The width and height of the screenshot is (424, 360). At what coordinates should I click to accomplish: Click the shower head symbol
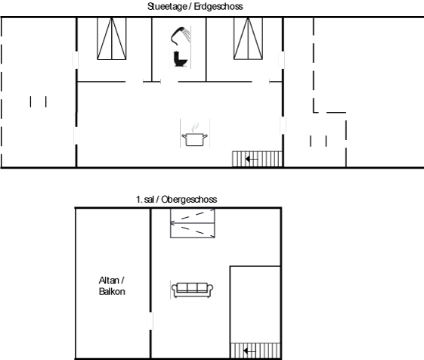point(180,36)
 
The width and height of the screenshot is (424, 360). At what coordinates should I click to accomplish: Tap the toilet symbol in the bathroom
point(181,59)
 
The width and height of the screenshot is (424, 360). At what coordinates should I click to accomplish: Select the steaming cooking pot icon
point(195,135)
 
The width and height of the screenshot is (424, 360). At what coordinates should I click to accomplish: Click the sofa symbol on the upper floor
point(192,290)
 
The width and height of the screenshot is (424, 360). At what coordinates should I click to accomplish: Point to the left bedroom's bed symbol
point(112,39)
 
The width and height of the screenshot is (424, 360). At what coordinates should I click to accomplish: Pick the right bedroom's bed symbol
point(248,39)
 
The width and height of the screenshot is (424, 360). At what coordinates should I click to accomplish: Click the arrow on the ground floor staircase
point(252,159)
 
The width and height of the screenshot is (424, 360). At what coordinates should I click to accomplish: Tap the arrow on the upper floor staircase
point(249,351)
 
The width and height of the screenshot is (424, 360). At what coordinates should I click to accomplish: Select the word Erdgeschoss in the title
point(218,7)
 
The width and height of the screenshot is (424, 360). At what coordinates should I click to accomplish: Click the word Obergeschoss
point(189,200)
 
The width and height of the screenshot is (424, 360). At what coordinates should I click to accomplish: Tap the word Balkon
point(112,291)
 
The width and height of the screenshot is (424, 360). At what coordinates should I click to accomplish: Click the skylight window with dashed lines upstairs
point(193,223)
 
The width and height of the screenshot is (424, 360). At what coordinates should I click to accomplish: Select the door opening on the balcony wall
point(150,321)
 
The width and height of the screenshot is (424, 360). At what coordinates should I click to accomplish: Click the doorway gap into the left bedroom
point(134,82)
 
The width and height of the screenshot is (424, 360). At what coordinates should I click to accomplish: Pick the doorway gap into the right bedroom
point(261,82)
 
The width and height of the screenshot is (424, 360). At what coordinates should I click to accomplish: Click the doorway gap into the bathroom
point(169,82)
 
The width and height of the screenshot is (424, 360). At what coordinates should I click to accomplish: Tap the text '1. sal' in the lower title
point(145,200)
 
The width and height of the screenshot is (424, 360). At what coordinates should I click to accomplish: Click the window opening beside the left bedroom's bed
point(76,60)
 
